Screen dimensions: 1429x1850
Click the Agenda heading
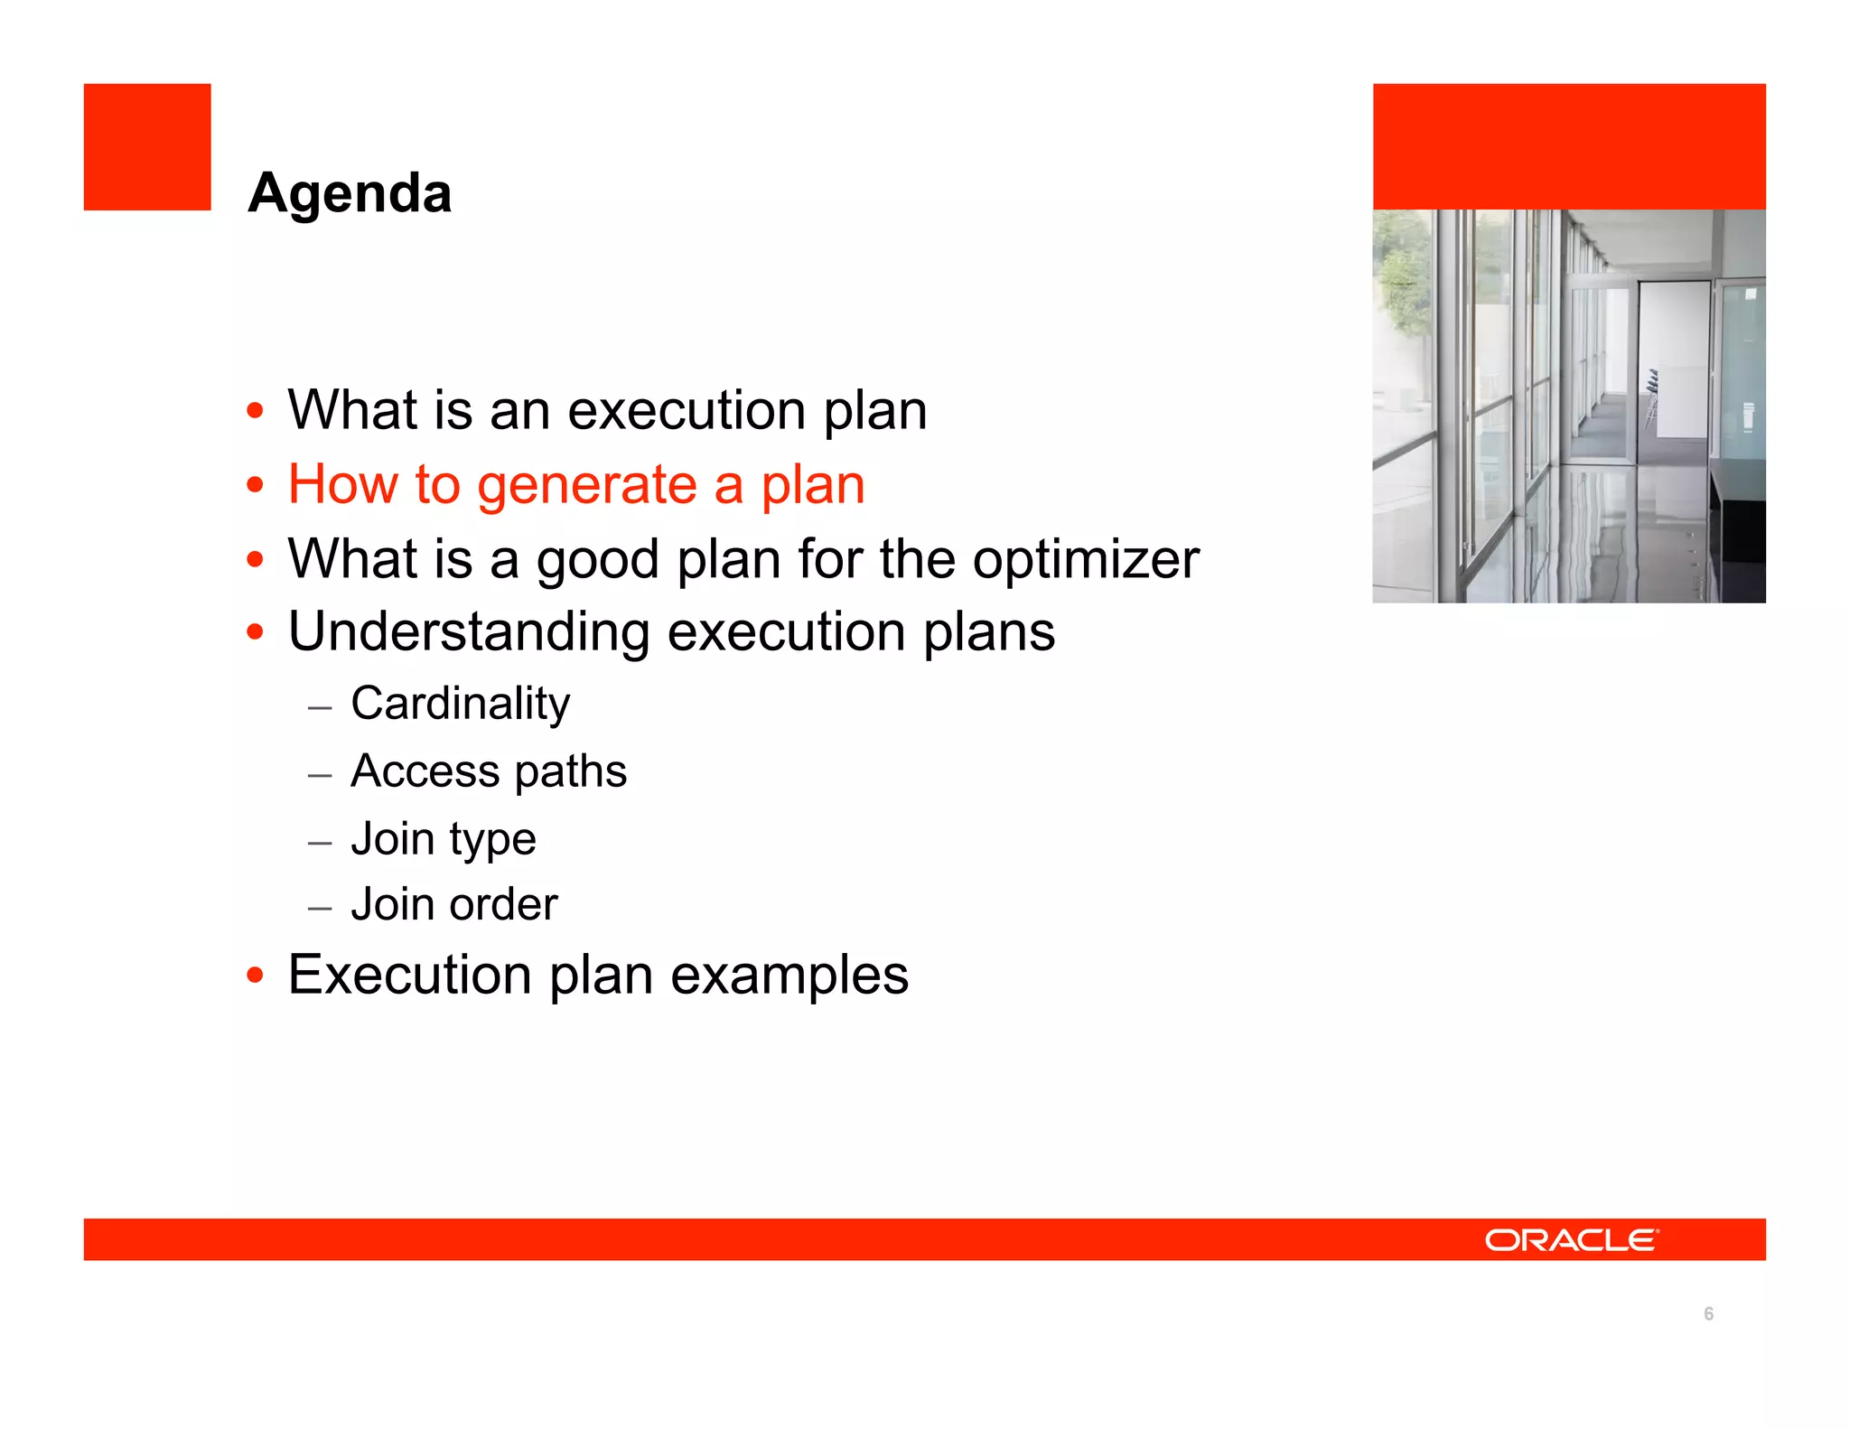(350, 193)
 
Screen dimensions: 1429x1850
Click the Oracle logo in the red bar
(1571, 1239)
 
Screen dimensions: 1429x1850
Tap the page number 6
(1708, 1313)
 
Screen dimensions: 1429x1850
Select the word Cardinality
(460, 704)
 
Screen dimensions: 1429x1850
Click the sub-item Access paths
(488, 771)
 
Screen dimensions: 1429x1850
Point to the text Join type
(443, 839)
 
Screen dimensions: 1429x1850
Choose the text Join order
(453, 905)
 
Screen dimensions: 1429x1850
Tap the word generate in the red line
(586, 485)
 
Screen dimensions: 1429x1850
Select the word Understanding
(469, 631)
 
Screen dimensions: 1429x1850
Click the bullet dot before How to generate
(256, 485)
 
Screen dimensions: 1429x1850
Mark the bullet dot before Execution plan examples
(256, 976)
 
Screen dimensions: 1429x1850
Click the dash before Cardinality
(320, 707)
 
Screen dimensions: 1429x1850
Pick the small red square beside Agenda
(147, 147)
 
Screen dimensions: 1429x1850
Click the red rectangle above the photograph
(1569, 146)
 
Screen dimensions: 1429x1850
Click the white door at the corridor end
(1671, 361)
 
